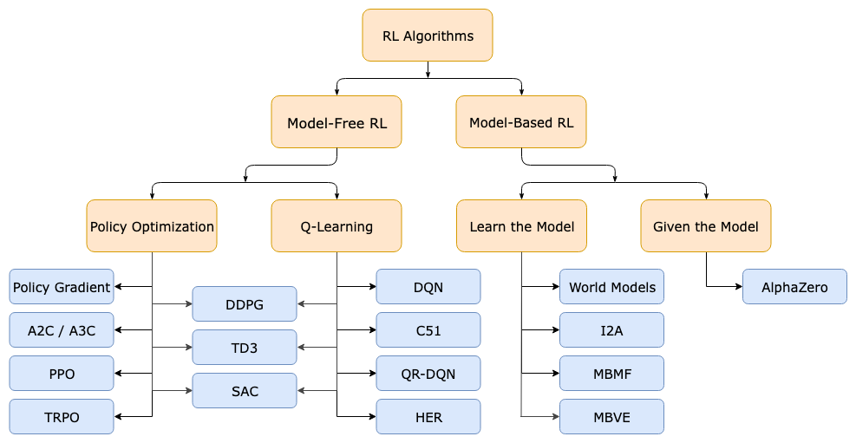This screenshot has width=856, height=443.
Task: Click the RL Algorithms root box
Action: [x=428, y=36]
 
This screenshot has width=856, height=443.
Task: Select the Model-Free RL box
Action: [x=337, y=122]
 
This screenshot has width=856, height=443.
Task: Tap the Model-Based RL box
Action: [x=520, y=122]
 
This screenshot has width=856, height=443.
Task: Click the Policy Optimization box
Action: [x=152, y=226]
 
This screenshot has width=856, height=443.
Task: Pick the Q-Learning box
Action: [x=337, y=226]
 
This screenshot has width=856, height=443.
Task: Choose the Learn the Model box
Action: [x=521, y=226]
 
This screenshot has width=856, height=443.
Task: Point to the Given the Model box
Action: [x=705, y=226]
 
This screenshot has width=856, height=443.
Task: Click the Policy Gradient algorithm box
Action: [x=62, y=287]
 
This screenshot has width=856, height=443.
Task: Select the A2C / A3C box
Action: [x=62, y=330]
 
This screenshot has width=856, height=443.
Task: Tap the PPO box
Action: [x=62, y=374]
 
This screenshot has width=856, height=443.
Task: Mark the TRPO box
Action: [x=62, y=417]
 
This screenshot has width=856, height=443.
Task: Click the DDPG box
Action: [x=245, y=304]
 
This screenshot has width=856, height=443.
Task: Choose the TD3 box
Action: [x=245, y=348]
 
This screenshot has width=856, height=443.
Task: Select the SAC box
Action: [x=245, y=391]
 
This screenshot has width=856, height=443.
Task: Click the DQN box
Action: [x=428, y=287]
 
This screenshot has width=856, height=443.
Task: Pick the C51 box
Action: [x=428, y=330]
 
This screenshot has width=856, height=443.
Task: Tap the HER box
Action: [x=428, y=417]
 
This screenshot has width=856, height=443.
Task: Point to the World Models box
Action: [x=612, y=287]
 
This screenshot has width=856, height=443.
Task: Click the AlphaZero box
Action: [x=794, y=287]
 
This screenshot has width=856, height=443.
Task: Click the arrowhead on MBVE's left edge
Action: [x=556, y=417]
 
